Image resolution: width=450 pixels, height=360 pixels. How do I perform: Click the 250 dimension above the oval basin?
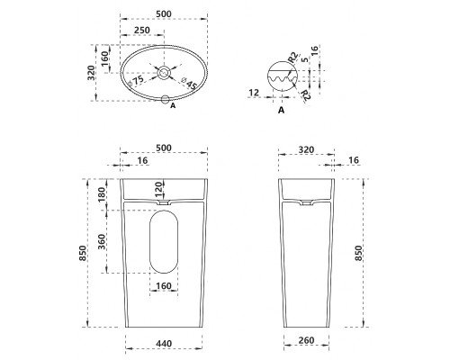[141, 31]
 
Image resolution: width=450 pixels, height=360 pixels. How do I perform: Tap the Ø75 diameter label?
[136, 82]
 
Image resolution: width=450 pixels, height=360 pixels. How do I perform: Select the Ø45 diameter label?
[189, 84]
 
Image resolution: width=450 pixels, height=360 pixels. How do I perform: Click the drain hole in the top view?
[164, 73]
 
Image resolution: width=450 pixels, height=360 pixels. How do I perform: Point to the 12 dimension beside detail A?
[254, 93]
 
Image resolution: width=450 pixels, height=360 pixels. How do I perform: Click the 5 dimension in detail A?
[305, 60]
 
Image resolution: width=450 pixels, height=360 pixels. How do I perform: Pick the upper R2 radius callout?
[293, 58]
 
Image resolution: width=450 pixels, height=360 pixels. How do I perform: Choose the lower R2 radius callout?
[305, 94]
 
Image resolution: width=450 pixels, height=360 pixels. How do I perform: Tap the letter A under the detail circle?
[281, 111]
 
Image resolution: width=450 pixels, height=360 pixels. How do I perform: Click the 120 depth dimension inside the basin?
[159, 187]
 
